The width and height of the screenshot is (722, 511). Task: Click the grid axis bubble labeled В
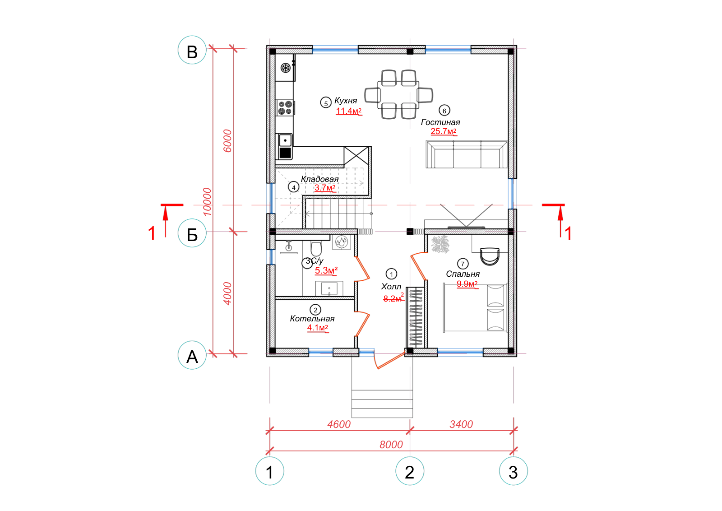tap(192, 50)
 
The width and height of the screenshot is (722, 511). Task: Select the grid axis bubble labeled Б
tap(192, 233)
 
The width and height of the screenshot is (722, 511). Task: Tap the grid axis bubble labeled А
tap(192, 355)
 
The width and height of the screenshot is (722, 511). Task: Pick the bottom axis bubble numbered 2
tap(410, 471)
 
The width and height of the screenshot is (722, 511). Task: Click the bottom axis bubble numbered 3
tap(514, 471)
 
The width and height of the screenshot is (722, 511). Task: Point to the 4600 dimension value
tap(339, 424)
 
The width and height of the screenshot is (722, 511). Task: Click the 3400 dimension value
tap(461, 424)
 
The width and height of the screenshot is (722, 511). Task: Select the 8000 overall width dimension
tap(391, 445)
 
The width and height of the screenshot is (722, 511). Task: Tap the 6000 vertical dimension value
tap(227, 141)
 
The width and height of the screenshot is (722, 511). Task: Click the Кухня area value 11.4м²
tap(349, 111)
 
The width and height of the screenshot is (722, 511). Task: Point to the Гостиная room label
tap(440, 122)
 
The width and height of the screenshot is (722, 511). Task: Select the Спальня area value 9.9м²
tap(467, 283)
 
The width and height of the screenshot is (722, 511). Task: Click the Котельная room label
tap(312, 319)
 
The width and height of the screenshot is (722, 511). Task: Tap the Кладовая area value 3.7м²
tap(325, 188)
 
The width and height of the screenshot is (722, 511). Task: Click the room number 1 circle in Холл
tap(391, 274)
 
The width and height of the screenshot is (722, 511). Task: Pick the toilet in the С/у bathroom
tap(316, 249)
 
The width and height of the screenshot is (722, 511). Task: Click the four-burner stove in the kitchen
tap(285, 108)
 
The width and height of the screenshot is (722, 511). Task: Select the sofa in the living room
tap(467, 154)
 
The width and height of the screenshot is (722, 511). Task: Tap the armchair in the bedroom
tap(490, 256)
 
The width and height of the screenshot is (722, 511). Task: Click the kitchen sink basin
tap(285, 140)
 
